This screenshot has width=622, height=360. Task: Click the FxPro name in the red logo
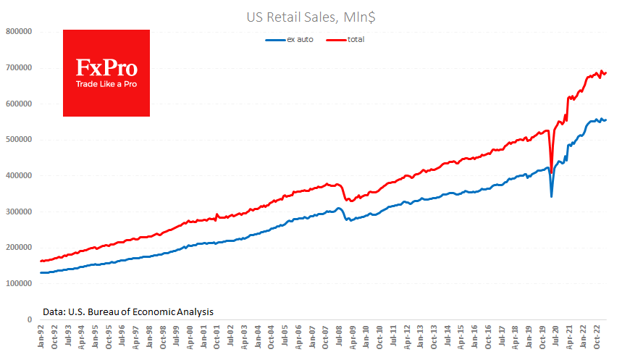tap(106, 68)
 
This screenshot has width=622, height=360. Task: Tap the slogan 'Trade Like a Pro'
tap(106, 84)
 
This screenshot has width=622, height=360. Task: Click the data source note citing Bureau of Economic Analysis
tap(127, 311)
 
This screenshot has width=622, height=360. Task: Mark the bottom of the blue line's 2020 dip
tap(552, 196)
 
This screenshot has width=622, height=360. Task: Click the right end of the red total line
tap(606, 73)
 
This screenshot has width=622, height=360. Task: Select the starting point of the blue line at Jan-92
tap(41, 272)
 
